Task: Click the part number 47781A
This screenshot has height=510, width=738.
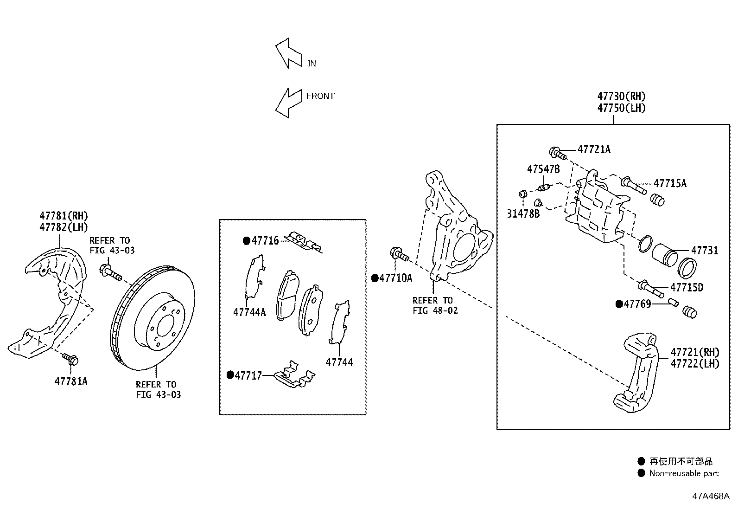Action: [x=71, y=381]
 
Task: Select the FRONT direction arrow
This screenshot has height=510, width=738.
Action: [x=287, y=103]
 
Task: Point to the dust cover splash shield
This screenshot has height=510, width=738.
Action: [x=51, y=302]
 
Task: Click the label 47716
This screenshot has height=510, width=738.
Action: [x=265, y=240]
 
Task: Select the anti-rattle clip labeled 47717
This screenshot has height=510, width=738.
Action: [x=294, y=375]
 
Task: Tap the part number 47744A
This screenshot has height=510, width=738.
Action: [x=249, y=312]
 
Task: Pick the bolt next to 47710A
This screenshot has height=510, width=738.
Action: [x=399, y=254]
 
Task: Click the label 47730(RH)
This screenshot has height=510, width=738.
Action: [x=621, y=97]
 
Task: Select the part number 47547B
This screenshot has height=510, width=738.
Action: [x=543, y=169]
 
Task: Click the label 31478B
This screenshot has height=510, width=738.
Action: [x=523, y=214]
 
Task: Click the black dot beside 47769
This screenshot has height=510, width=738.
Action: [x=619, y=304]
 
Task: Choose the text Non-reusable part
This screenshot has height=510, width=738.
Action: [x=684, y=473]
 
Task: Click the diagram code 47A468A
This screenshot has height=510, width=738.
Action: [x=711, y=496]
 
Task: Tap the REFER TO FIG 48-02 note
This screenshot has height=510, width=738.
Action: [x=435, y=305]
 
